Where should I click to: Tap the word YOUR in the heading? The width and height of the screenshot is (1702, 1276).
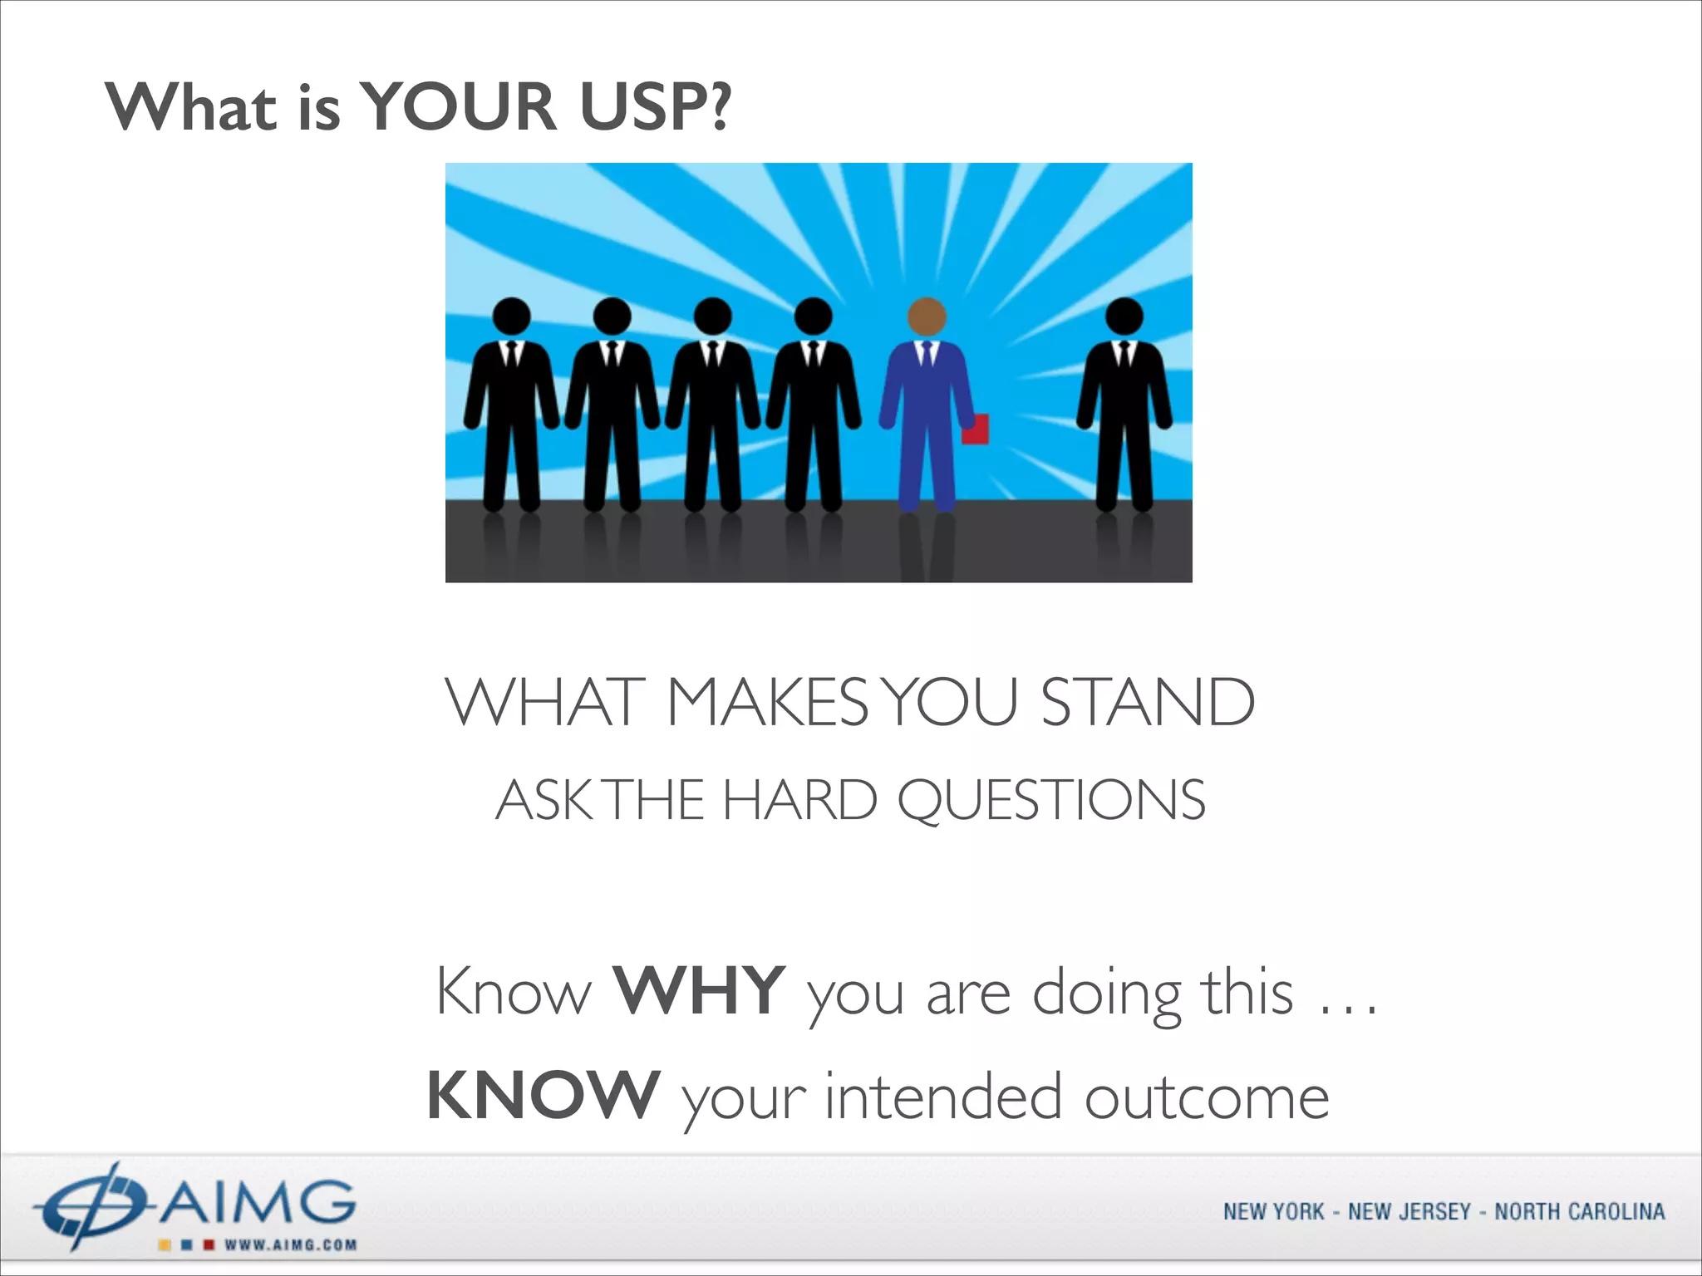coord(460,108)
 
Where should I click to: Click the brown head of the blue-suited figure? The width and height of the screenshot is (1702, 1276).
coord(927,317)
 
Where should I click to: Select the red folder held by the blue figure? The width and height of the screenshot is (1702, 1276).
coord(976,429)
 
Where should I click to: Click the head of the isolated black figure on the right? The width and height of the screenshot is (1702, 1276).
coord(1124,317)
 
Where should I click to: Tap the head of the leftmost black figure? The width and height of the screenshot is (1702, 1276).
coord(511,317)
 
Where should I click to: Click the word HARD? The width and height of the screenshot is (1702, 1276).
coord(799,800)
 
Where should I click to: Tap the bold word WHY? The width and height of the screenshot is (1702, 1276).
coord(699,990)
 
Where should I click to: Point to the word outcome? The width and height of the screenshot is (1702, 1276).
coord(1207,1097)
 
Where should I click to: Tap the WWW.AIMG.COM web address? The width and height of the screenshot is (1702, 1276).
coord(290,1245)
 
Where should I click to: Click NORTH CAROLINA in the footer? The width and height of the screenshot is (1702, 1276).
coord(1579,1212)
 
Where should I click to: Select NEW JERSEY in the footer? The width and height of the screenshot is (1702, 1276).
coord(1409,1212)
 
